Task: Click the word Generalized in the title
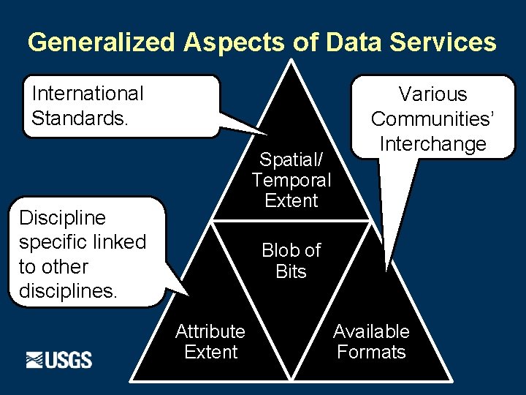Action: pos(102,42)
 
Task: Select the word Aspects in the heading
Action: pos(233,42)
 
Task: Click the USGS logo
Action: pos(59,360)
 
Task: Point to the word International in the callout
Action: pos(88,94)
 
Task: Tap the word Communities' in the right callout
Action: pos(433,118)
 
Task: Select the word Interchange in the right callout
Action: pos(433,143)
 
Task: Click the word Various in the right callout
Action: pos(433,94)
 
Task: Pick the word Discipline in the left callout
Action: pos(62,218)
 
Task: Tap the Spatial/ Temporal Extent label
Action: pos(291,180)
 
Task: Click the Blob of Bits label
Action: pos(291,261)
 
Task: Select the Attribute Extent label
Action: pos(210,342)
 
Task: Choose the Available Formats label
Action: pos(371,342)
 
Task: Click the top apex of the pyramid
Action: pos(292,61)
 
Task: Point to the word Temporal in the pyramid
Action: pos(291,180)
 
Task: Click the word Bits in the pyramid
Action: pos(291,272)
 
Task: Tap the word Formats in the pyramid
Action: pos(371,352)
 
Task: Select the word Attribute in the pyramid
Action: pos(210,331)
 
